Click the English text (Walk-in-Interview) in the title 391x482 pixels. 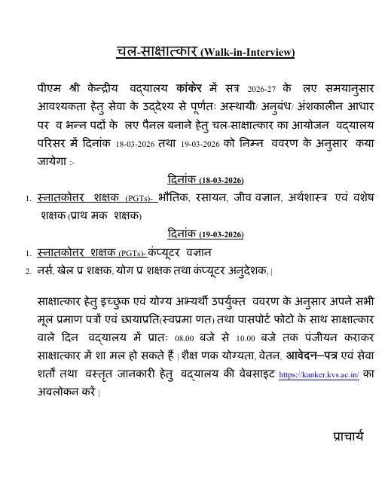click(248, 53)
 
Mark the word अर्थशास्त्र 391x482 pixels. click(310, 198)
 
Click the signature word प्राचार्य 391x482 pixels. click(348, 437)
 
